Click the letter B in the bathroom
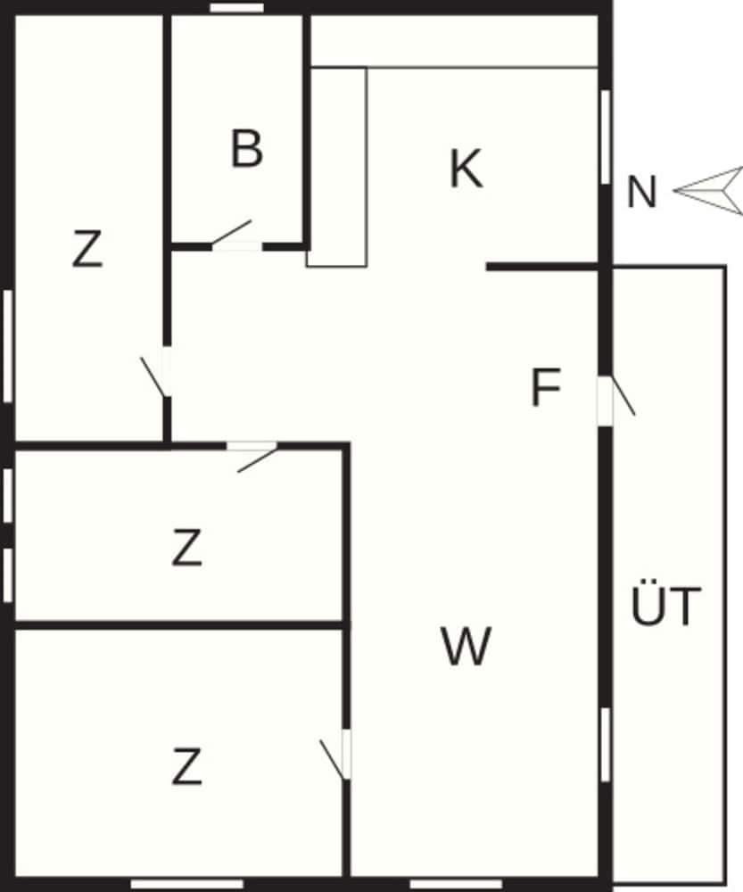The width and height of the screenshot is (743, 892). [x=247, y=148]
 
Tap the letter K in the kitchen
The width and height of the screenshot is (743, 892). [x=466, y=168]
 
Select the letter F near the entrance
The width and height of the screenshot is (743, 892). [x=546, y=387]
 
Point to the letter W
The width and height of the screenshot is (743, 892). [x=466, y=646]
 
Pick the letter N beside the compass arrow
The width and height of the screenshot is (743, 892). [x=641, y=192]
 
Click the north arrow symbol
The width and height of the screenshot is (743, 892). [x=709, y=191]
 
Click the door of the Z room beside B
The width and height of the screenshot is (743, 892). [x=154, y=376]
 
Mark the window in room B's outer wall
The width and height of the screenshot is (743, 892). [x=236, y=7]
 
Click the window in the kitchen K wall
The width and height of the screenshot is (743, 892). [x=606, y=136]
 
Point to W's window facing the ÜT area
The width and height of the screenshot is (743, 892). [x=606, y=745]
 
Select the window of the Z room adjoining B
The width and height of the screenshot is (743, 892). [x=7, y=346]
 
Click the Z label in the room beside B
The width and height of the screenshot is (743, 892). [x=87, y=248]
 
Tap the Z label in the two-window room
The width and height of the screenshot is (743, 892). [x=186, y=548]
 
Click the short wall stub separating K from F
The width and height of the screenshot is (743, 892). [x=542, y=267]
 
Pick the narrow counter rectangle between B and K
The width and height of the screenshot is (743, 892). [x=337, y=168]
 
